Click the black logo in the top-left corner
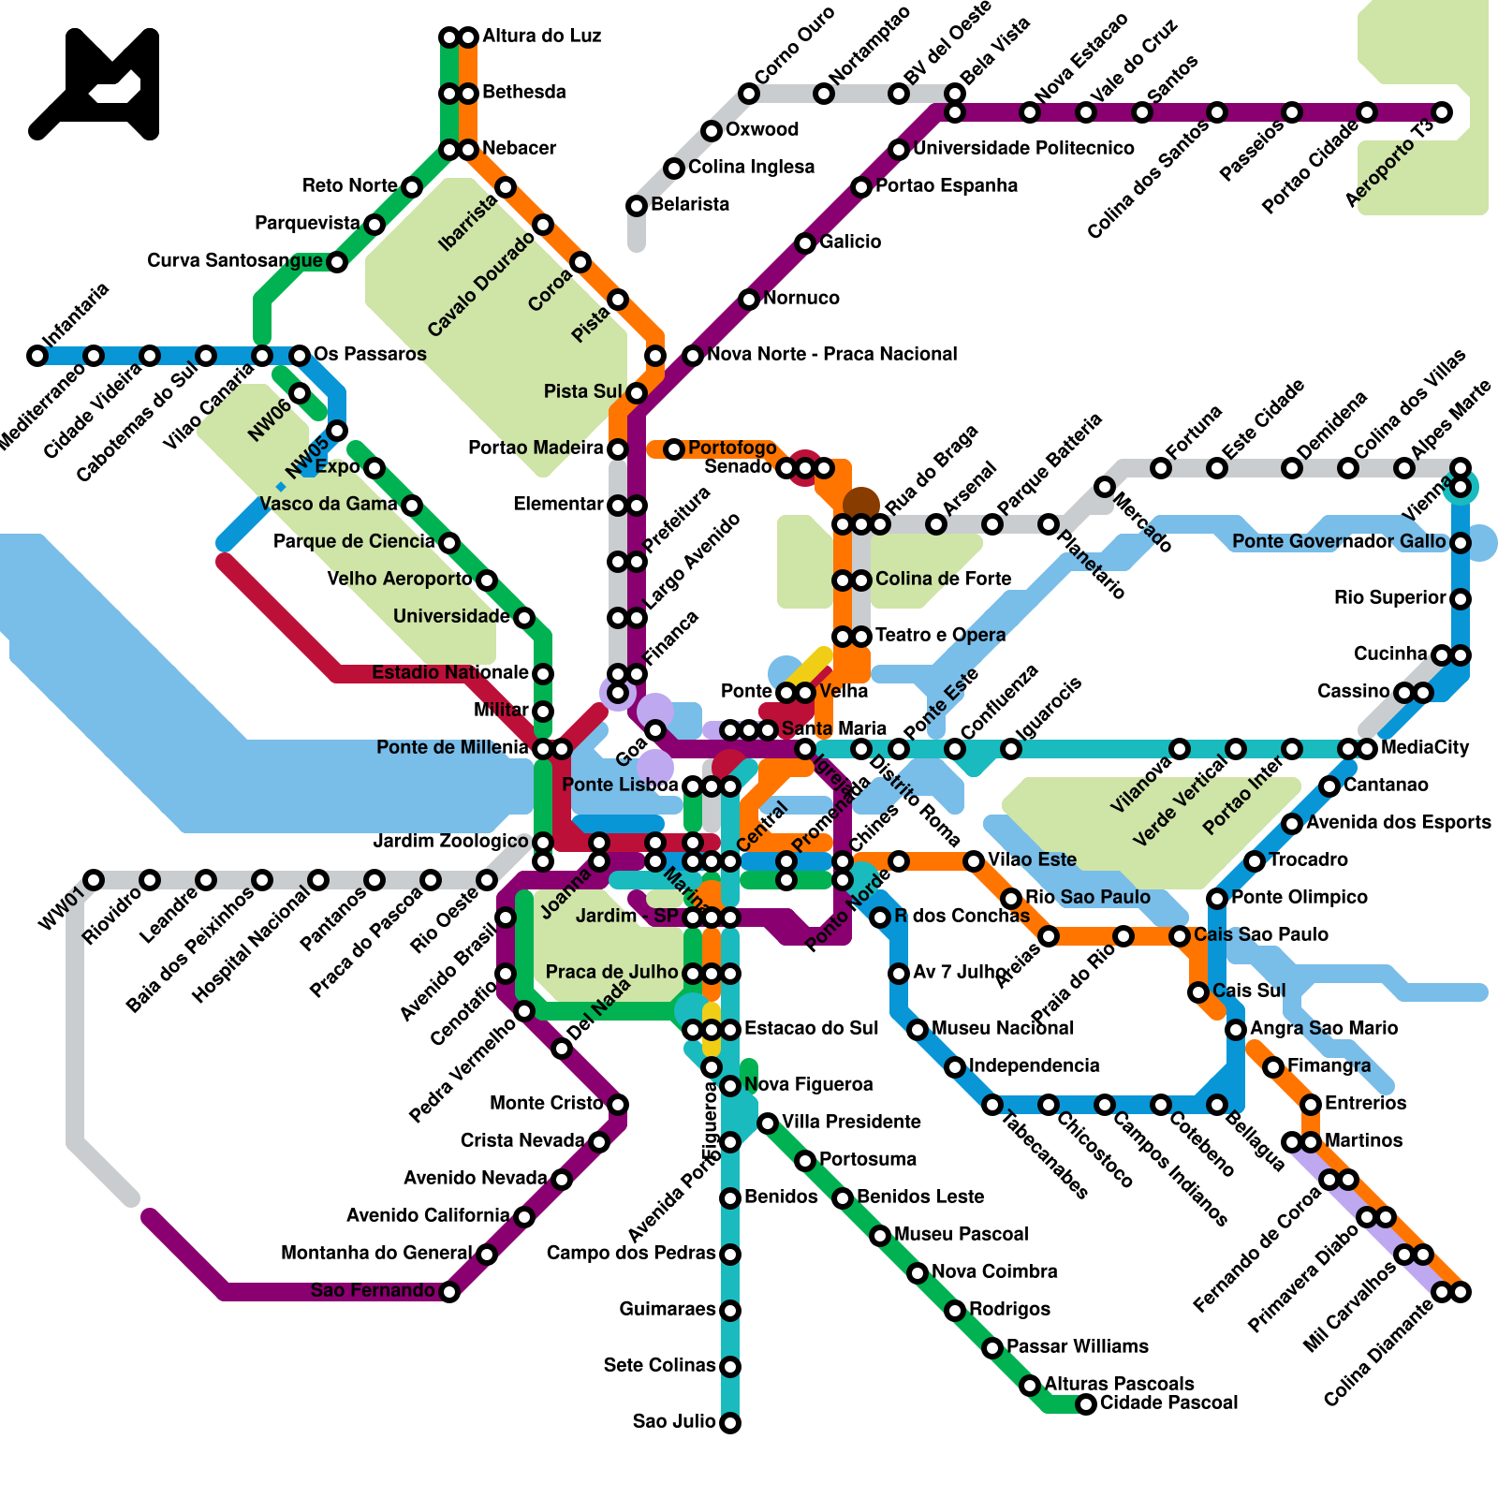point(95,84)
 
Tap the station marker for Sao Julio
point(730,1423)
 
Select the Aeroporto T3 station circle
point(1442,112)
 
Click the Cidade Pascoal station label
point(1168,1403)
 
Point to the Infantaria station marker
point(37,356)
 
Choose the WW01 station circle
point(94,880)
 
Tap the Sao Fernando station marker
point(449,1292)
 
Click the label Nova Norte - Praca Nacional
point(831,354)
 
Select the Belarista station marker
point(637,206)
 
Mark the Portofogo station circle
point(674,449)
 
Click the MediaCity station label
point(1425,747)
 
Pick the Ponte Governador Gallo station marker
point(1461,543)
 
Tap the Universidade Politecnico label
point(1023,148)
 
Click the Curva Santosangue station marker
point(337,262)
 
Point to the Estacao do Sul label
point(811,1028)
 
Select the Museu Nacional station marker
point(918,1030)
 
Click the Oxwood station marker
point(712,131)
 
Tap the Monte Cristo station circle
point(618,1105)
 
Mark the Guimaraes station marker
point(730,1311)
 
